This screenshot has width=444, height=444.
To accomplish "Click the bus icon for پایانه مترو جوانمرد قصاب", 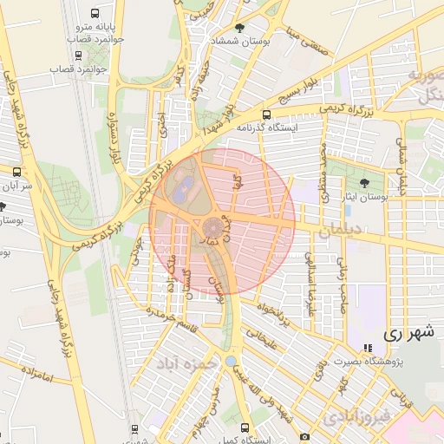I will pyautogui.click(x=94, y=14).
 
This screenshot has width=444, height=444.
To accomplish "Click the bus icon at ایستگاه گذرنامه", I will pyautogui.click(x=266, y=114).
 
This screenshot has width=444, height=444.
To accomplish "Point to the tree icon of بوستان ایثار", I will pyautogui.click(x=364, y=183).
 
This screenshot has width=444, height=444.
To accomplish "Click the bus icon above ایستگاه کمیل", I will pyautogui.click(x=245, y=428).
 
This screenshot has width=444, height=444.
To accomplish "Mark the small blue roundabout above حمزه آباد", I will pyautogui.click(x=230, y=361).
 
